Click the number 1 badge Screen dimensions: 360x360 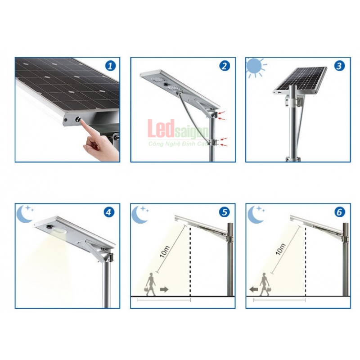pos(110,66)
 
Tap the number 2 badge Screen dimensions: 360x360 pos(224,66)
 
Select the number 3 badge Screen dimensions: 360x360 pos(339,66)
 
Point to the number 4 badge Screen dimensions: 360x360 pos(108,212)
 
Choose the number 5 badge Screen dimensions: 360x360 pos(224,212)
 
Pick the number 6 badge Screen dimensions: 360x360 pos(339,212)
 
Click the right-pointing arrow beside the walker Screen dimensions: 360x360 pos(164,289)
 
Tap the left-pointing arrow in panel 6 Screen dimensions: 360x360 pos(253,289)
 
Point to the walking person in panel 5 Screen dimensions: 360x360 pos(150,284)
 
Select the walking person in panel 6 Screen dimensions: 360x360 pos(265,284)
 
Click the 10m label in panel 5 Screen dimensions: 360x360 pos(165,252)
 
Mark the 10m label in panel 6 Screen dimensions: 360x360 pos(280,249)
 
